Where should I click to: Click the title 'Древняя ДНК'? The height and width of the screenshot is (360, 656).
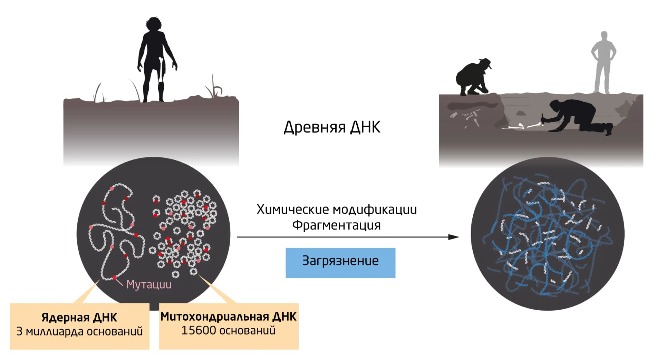(332, 127)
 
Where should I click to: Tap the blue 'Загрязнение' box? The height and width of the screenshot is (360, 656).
(340, 263)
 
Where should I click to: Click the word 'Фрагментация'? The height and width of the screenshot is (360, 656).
(337, 225)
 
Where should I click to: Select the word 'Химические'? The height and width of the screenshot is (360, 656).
(293, 210)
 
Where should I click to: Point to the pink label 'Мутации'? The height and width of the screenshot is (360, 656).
(149, 284)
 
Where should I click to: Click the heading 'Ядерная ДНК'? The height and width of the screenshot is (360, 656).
(79, 317)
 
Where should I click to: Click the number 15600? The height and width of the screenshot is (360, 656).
(199, 330)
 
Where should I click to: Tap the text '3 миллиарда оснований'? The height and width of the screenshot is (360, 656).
(79, 331)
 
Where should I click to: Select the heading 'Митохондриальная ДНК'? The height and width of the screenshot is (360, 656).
(228, 317)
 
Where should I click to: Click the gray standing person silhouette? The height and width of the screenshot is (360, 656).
(604, 62)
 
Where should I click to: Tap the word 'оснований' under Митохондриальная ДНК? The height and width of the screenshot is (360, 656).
(248, 331)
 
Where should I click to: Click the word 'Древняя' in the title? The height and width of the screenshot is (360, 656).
(315, 127)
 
